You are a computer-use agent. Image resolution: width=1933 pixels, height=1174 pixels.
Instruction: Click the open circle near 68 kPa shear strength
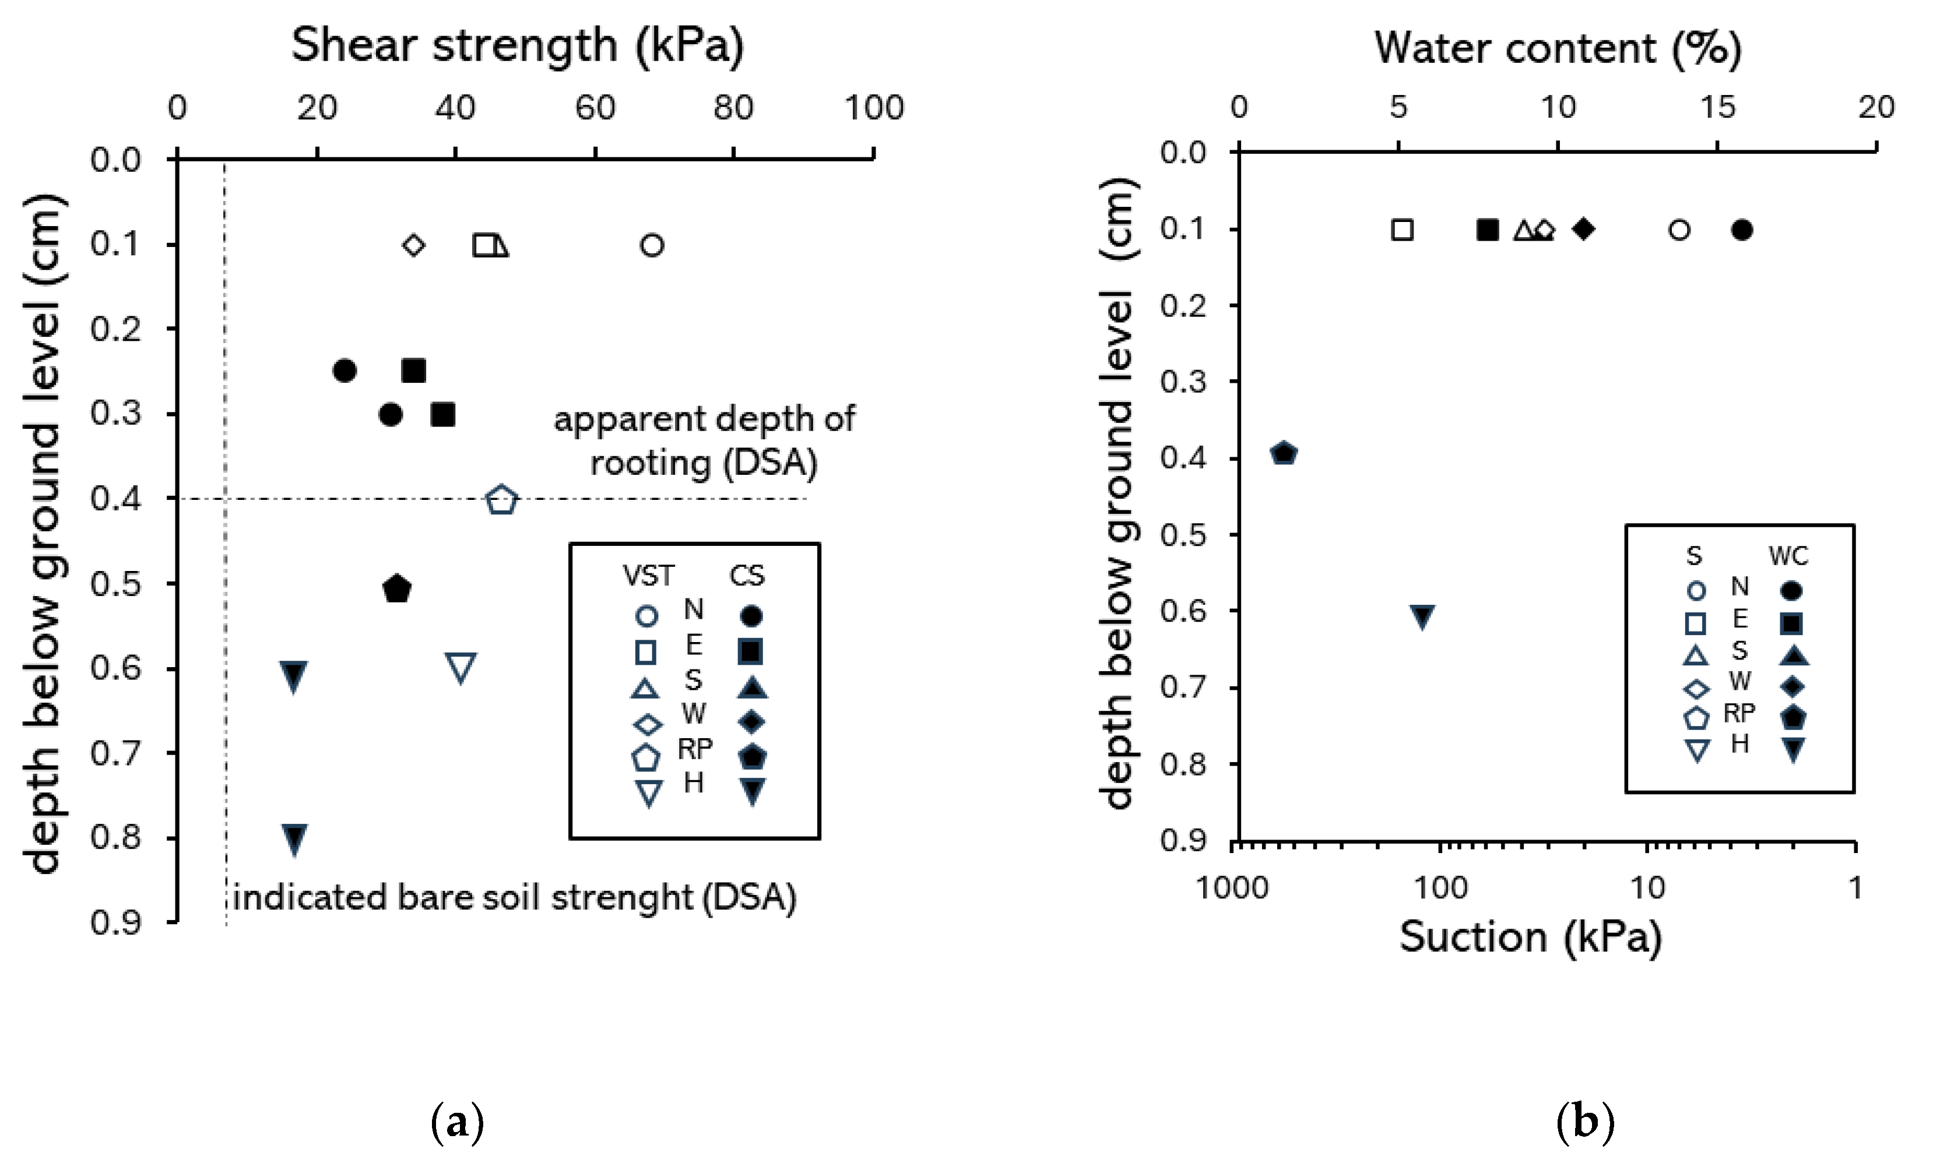point(652,245)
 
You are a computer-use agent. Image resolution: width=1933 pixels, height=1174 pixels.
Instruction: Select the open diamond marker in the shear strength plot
point(413,245)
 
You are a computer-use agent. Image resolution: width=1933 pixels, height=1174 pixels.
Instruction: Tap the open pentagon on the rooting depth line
point(502,499)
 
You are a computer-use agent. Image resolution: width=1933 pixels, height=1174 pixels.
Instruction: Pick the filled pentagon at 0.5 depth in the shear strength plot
point(397,588)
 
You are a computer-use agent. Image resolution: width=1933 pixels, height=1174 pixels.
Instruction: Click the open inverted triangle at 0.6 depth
point(461,667)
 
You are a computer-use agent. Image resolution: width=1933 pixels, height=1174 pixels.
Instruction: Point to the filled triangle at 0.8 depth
point(294,839)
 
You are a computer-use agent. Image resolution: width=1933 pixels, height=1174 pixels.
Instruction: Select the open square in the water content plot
point(1402,230)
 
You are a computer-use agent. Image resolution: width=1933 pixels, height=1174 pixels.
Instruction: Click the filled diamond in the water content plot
point(1583,229)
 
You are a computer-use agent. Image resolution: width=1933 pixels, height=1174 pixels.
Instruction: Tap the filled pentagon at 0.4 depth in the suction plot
point(1284,453)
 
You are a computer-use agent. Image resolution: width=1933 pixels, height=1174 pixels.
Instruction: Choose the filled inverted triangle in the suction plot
point(1423,616)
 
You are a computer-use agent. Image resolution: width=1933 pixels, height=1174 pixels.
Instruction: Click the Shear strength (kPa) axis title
point(518,45)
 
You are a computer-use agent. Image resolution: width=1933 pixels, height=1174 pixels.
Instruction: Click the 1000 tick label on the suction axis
point(1232,889)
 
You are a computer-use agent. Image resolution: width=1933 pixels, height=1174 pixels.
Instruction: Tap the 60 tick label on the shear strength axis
point(595,107)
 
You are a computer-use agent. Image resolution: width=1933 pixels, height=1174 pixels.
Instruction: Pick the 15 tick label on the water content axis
point(1717,107)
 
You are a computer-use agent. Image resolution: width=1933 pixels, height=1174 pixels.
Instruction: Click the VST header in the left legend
point(648,576)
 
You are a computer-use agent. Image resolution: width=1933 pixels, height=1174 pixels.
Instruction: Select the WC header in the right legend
point(1788,556)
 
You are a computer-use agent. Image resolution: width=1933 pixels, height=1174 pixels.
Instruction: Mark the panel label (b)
point(1584,1122)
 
